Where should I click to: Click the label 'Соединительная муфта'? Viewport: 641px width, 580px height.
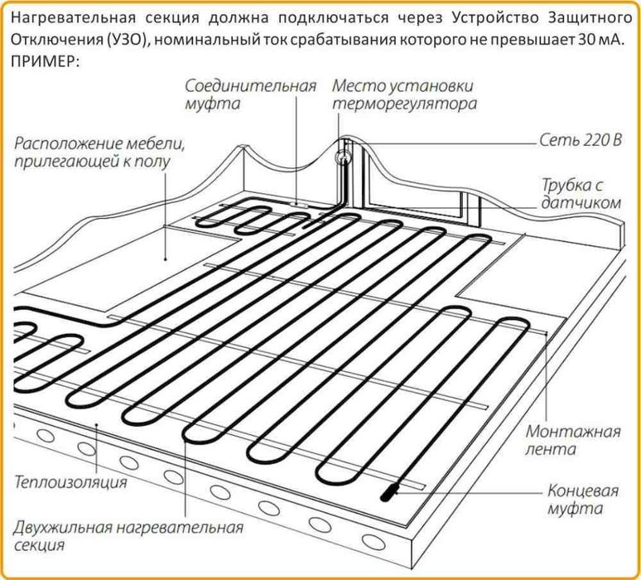tap(250, 95)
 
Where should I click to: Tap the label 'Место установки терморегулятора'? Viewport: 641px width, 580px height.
tap(403, 95)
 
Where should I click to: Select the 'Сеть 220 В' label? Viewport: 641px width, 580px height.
tap(580, 141)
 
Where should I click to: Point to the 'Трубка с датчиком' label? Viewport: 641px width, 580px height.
tap(581, 193)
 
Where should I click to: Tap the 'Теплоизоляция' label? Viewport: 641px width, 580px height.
tap(70, 481)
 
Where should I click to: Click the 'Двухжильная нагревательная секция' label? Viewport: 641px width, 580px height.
tap(128, 537)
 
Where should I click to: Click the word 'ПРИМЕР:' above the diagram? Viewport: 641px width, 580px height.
tap(45, 62)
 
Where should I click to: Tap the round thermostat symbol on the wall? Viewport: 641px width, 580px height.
tap(340, 155)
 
